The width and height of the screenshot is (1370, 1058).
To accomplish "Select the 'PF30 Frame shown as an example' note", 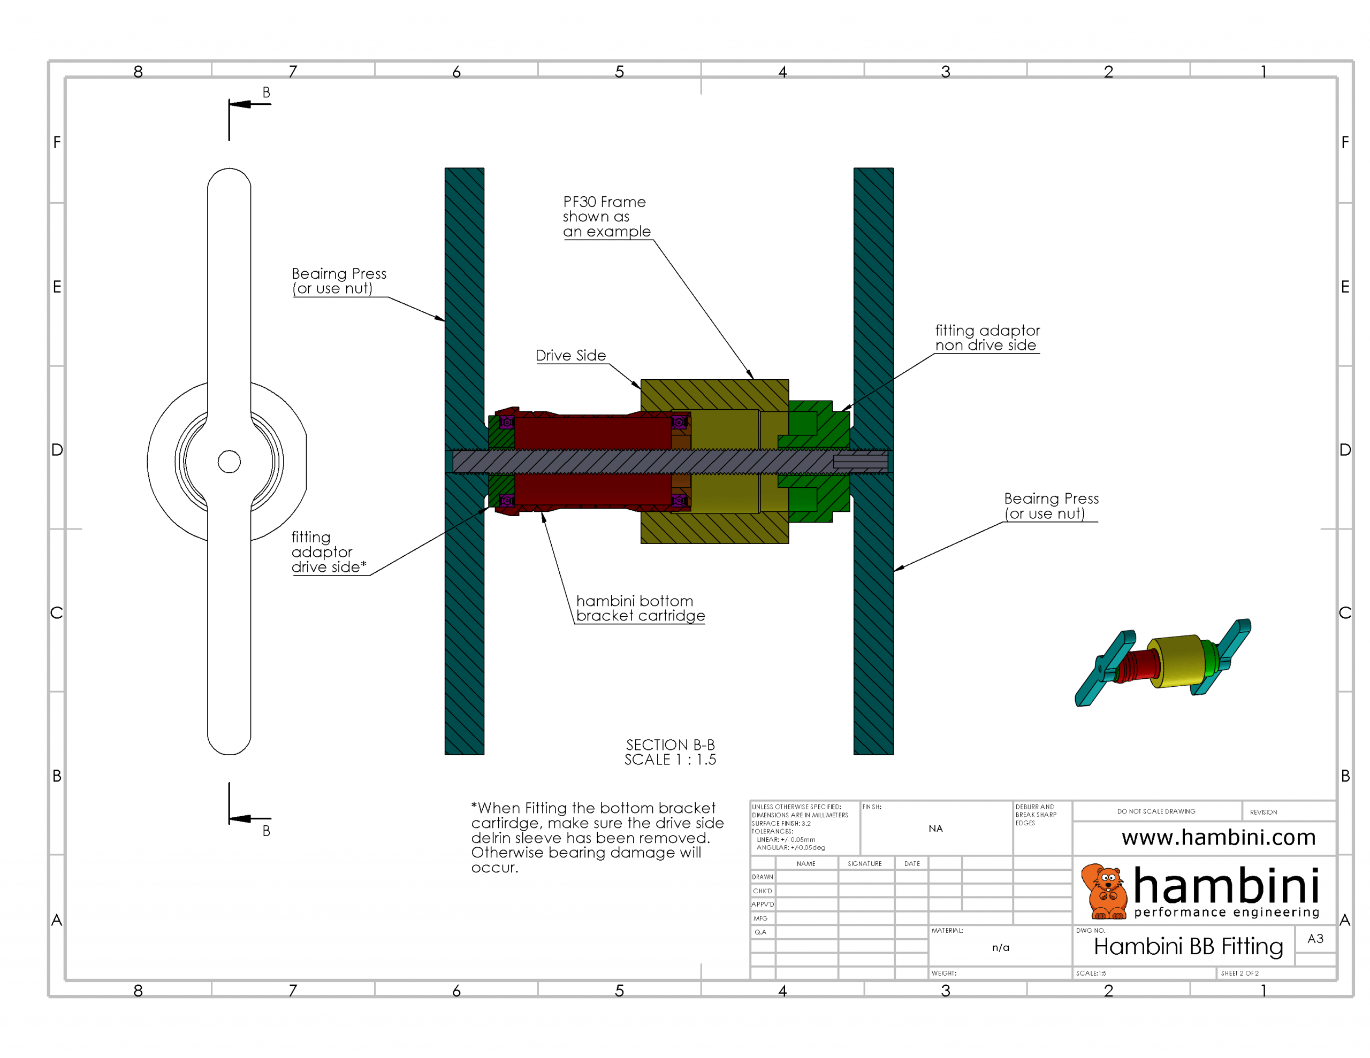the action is point(606,217).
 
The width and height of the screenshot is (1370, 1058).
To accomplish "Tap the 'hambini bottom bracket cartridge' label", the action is point(640,608).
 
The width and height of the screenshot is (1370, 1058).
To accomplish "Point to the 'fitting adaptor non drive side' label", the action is point(987,338).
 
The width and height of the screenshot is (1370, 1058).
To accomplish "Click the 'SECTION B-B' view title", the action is point(670,745).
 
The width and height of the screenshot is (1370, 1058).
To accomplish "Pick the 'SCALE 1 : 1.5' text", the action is point(670,760).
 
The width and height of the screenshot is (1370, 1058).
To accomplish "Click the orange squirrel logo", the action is point(1107,891).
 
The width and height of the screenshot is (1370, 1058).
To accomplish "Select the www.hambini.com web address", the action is point(1218,837).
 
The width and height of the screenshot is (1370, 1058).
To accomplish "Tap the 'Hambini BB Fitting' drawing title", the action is point(1188,946).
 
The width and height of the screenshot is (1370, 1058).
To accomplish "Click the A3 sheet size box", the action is point(1315,939).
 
